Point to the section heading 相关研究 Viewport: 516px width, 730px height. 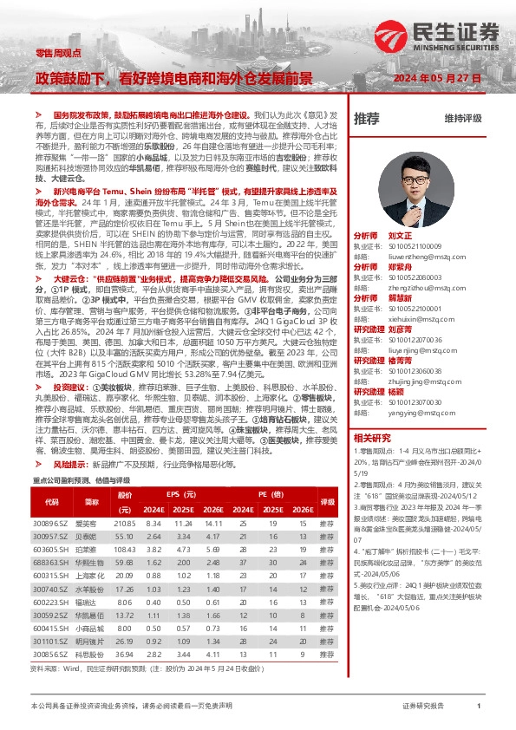(373, 437)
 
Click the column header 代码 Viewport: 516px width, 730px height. (51, 502)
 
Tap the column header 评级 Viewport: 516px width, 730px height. (327, 502)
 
